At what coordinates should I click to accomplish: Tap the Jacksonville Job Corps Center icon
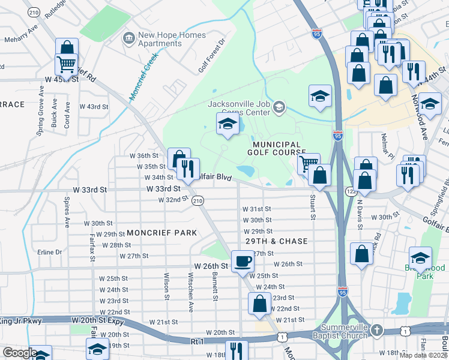[x=279, y=107]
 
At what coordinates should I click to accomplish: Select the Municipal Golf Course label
[x=276, y=149]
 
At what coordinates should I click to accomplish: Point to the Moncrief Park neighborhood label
[x=161, y=232]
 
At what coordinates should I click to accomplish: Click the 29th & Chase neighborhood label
[x=276, y=241]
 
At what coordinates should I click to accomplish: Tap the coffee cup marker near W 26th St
[x=243, y=261]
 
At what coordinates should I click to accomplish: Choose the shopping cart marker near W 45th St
[x=67, y=62]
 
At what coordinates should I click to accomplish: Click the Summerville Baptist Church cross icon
[x=376, y=330]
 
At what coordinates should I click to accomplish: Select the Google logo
[x=20, y=353]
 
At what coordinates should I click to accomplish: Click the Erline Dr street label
[x=50, y=252]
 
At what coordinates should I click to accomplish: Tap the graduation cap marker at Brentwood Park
[x=420, y=257]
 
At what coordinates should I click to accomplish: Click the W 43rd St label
[x=98, y=107]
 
